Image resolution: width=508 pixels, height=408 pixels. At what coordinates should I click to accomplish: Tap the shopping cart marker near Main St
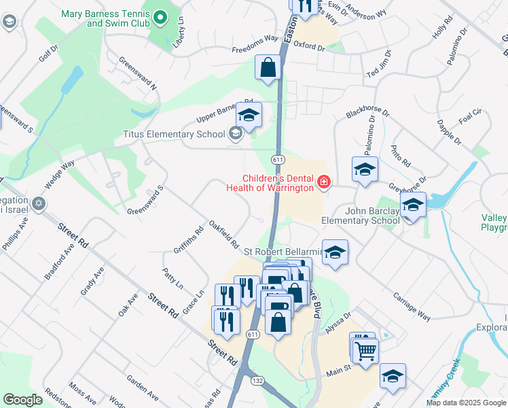pyautogui.click(x=365, y=352)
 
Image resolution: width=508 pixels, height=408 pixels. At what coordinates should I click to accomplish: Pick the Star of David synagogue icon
pyautogui.click(x=39, y=203)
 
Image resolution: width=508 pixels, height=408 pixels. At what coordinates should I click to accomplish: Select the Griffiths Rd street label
pyautogui.click(x=189, y=240)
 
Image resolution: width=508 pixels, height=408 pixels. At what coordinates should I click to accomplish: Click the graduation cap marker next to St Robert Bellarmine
pyautogui.click(x=334, y=252)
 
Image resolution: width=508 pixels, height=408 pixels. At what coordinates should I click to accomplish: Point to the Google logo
pyautogui.click(x=22, y=400)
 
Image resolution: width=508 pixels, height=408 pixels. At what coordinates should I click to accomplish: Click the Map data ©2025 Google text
pyautogui.click(x=466, y=403)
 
